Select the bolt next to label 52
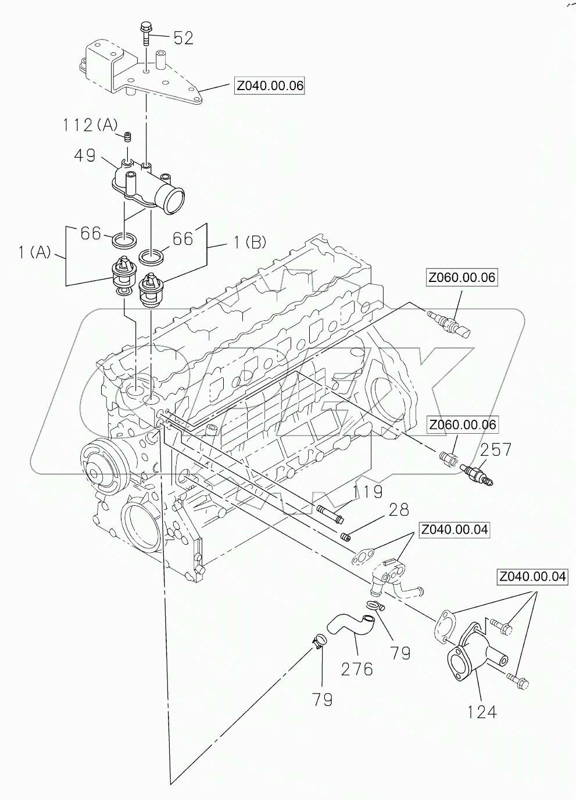click(x=145, y=34)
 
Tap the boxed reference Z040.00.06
click(x=269, y=86)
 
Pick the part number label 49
click(x=85, y=155)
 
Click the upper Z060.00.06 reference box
click(x=462, y=277)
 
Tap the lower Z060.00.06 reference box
click(x=463, y=425)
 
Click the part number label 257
click(x=495, y=449)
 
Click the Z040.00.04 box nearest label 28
click(x=455, y=530)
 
